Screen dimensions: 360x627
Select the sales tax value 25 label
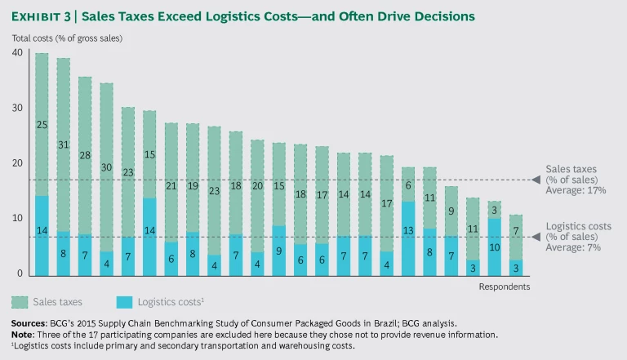pyautogui.click(x=41, y=125)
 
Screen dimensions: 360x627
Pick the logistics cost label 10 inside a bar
pyautogui.click(x=495, y=247)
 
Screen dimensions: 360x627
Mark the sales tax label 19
pyautogui.click(x=192, y=185)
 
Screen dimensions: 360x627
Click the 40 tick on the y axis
pyautogui.click(x=17, y=53)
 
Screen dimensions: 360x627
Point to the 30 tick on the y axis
pyautogui.click(x=17, y=108)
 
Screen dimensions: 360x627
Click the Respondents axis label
pyautogui.click(x=503, y=287)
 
